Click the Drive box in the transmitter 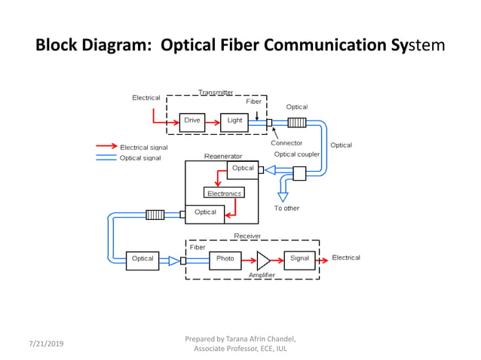point(192,121)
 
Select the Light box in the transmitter point(234,121)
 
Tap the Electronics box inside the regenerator point(224,193)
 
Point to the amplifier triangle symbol point(262,261)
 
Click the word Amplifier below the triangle point(262,276)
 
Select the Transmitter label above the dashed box point(216,93)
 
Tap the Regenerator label point(223,157)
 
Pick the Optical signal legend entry point(140,158)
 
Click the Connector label point(286,143)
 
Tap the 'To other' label point(286,209)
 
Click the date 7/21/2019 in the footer point(46,343)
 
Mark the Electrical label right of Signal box point(346,258)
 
